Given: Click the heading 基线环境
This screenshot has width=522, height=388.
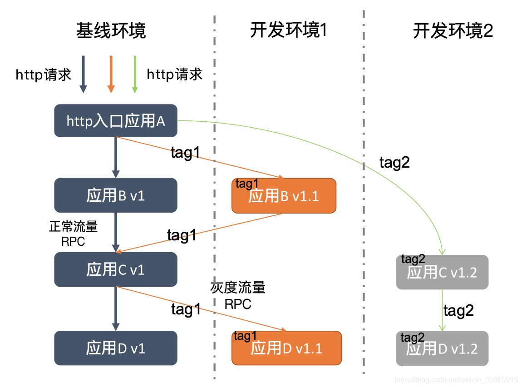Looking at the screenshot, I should tap(111, 32).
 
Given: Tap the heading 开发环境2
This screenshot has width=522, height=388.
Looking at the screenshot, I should tap(453, 31).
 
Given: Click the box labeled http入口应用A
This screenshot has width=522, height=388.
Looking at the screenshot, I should tap(115, 121).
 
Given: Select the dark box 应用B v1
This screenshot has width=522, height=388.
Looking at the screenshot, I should tap(115, 195).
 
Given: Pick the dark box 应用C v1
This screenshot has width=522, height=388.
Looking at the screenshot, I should tap(115, 269).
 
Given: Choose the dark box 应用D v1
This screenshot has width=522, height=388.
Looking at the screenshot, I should tap(115, 348).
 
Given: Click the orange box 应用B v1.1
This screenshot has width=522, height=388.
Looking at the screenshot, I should tap(284, 196).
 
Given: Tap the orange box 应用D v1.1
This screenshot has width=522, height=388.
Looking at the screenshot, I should tap(286, 348).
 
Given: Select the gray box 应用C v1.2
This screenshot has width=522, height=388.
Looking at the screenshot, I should tap(442, 272).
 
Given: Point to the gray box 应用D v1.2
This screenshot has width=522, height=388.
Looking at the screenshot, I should tap(442, 348).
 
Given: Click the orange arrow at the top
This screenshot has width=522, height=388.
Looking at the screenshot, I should tap(110, 74).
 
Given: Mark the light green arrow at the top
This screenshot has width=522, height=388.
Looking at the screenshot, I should tap(134, 74).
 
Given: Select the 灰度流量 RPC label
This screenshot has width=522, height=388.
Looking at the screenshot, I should tap(238, 295).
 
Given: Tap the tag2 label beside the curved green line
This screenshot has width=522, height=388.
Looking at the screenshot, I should tap(394, 162).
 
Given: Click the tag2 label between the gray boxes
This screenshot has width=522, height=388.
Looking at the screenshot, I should tap(458, 310).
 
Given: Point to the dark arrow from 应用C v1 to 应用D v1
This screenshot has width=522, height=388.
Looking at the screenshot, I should tap(116, 308).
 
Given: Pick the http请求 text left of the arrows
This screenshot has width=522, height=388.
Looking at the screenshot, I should tap(44, 75).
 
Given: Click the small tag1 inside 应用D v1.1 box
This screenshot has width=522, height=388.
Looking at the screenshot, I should tap(245, 336).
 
